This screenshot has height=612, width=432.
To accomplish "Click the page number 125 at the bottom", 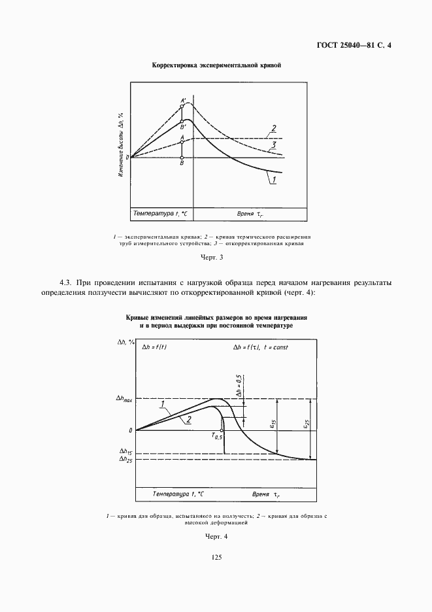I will (x=216, y=557).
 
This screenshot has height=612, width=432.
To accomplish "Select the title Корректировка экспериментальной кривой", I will (x=216, y=65).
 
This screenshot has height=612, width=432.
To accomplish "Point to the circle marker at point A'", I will (x=182, y=105).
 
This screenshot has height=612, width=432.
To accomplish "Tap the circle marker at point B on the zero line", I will (x=182, y=158).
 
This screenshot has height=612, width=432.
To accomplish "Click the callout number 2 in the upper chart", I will (x=274, y=127).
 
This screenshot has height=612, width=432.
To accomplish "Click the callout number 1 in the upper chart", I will (x=275, y=179).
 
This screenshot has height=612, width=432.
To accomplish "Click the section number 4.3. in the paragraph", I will (x=67, y=282).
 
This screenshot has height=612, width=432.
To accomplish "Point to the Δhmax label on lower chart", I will (x=123, y=399).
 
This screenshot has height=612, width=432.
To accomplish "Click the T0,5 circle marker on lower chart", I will (x=224, y=431).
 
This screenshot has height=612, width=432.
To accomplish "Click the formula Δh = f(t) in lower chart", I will (x=155, y=347).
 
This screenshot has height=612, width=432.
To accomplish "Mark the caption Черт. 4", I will (x=216, y=536).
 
